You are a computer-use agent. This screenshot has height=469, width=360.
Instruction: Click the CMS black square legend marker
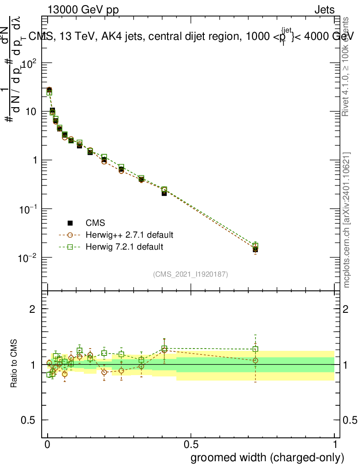point(71,223)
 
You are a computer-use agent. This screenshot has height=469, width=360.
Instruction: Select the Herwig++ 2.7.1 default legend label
point(130,235)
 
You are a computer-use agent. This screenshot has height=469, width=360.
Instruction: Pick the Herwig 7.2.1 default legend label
point(125,247)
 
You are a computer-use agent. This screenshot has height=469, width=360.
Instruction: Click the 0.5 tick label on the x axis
point(191,444)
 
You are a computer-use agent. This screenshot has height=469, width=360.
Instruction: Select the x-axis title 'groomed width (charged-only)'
point(267,457)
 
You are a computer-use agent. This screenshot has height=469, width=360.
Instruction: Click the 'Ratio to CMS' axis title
point(15,364)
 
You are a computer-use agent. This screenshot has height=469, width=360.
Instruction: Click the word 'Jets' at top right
point(324,10)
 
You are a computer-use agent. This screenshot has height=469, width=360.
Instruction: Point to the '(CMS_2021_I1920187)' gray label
point(191,274)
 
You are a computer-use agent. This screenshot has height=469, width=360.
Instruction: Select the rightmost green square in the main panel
point(256,246)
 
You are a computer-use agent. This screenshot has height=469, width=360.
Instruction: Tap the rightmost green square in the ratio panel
point(256,349)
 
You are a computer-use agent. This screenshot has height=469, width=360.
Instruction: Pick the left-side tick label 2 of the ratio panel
point(32,309)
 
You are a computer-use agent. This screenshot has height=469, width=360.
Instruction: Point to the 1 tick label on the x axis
point(335,444)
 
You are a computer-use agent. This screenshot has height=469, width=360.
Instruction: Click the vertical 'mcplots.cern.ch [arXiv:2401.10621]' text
point(347,220)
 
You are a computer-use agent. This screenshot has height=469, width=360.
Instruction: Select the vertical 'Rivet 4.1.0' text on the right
point(347,66)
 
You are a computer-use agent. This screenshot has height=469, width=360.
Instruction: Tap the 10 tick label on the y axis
point(28,111)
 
